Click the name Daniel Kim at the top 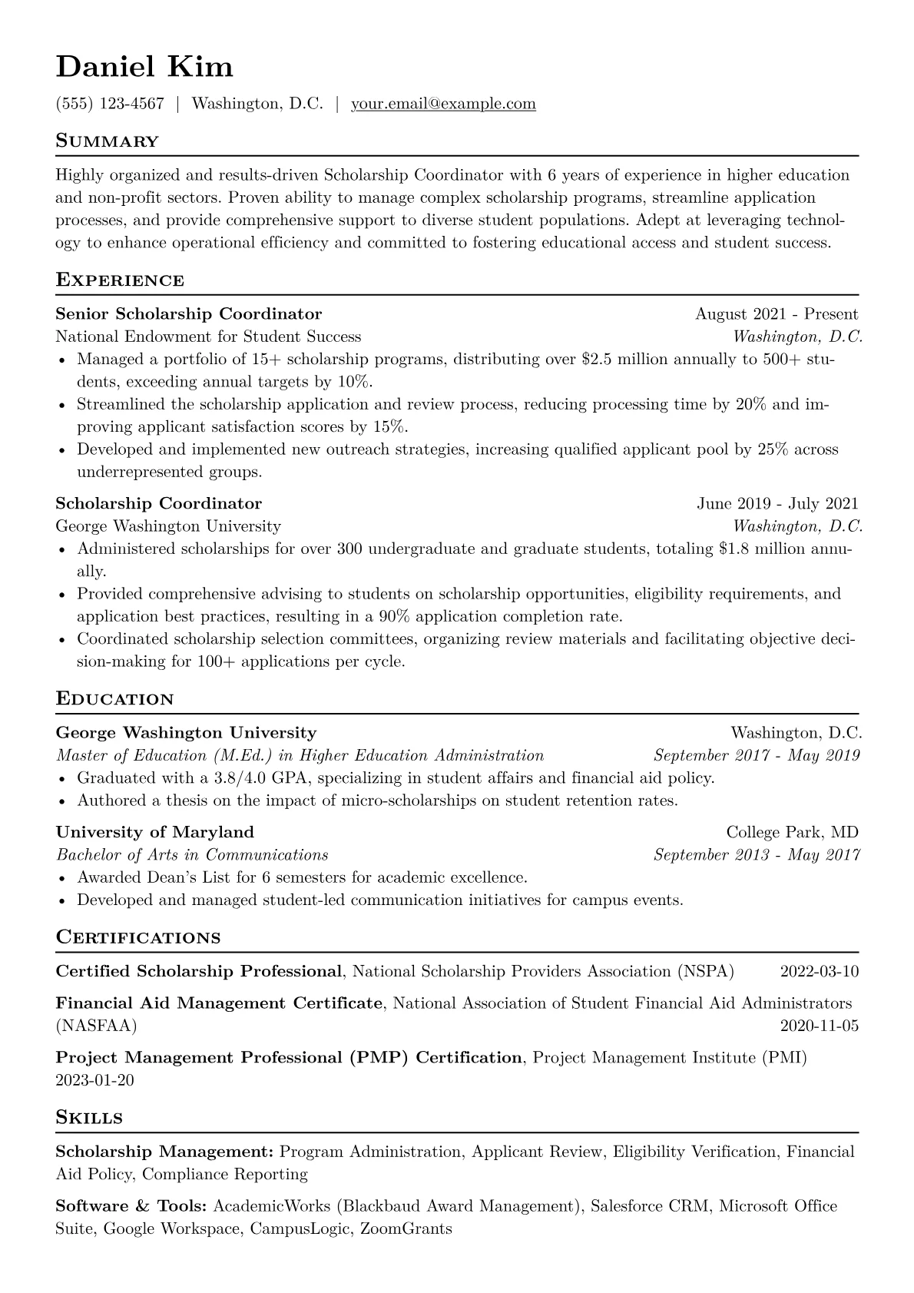[x=144, y=67]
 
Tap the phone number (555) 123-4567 [x=110, y=104]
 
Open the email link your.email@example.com [x=443, y=104]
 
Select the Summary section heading [x=108, y=141]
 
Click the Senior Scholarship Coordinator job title [x=189, y=313]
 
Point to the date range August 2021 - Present [x=776, y=313]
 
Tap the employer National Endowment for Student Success [x=208, y=337]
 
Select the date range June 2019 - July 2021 [x=777, y=504]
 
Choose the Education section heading [x=115, y=699]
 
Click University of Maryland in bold [x=155, y=832]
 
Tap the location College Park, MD [x=792, y=832]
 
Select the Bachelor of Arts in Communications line [x=192, y=855]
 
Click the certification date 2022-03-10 [x=819, y=972]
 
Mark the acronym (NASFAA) [x=97, y=1026]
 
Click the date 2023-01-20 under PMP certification [x=95, y=1080]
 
